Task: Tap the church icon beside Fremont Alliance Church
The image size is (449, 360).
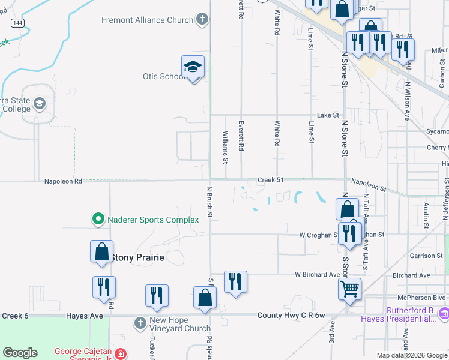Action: pos(202,20)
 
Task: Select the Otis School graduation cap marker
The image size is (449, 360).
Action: pos(193,67)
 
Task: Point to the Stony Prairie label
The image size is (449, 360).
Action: pos(137,258)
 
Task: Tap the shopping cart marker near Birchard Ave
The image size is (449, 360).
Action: pos(349,289)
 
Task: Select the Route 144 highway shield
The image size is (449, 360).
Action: pos(17,22)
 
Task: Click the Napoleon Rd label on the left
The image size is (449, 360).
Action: pos(62,181)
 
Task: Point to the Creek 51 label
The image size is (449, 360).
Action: pos(270,180)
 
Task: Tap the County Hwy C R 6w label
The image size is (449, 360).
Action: pos(291,316)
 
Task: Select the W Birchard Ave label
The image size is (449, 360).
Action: pos(317,275)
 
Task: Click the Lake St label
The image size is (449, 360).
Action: pos(328,115)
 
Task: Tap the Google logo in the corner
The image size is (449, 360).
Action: pos(20,353)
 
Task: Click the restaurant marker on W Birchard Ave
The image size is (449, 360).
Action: pos(235,282)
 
